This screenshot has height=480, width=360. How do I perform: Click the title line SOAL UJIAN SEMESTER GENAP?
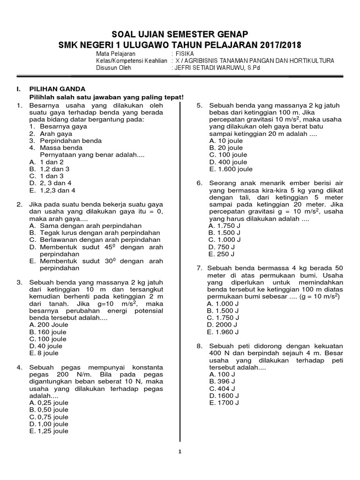click(x=180, y=35)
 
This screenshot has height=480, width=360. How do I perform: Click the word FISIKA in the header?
click(x=183, y=53)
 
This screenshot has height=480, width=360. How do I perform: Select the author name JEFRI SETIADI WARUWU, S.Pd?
click(x=216, y=67)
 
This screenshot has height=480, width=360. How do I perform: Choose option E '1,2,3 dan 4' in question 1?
click(x=52, y=190)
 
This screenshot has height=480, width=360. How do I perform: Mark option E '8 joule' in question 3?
click(x=44, y=353)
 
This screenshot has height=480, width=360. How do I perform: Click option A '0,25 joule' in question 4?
click(x=49, y=403)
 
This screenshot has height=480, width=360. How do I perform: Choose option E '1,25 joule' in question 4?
click(x=49, y=431)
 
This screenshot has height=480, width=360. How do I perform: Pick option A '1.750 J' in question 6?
click(x=225, y=225)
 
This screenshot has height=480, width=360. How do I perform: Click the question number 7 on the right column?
click(x=199, y=268)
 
